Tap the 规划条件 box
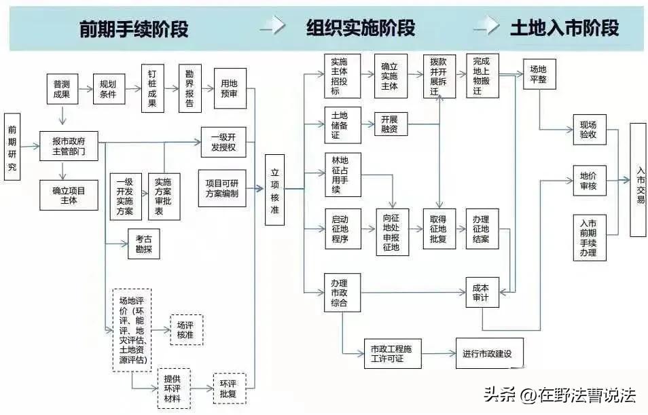(x=108, y=89)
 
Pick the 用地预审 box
(x=229, y=88)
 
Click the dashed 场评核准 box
(x=185, y=329)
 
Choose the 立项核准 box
(x=274, y=189)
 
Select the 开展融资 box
(x=391, y=125)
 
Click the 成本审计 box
(x=481, y=293)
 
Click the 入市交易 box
(x=638, y=180)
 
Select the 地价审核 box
(x=588, y=181)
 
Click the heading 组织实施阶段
(x=360, y=29)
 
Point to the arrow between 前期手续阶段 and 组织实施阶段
(x=272, y=27)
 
